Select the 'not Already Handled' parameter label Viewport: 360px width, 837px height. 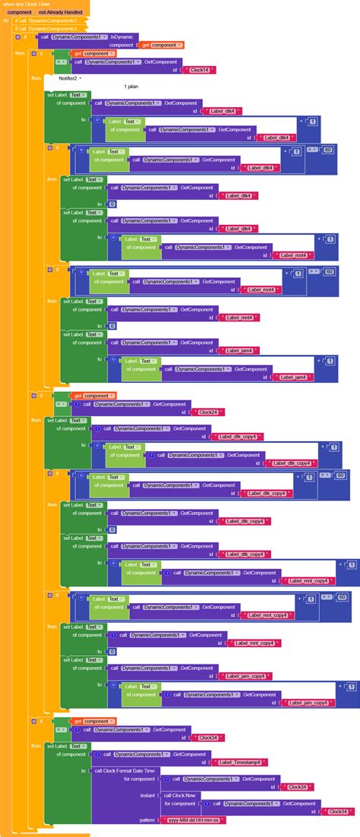tap(60, 12)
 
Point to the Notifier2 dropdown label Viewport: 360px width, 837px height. tap(68, 78)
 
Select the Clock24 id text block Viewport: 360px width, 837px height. tap(207, 412)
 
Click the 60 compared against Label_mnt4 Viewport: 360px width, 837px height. tap(329, 271)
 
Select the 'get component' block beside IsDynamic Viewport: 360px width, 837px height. tap(160, 45)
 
